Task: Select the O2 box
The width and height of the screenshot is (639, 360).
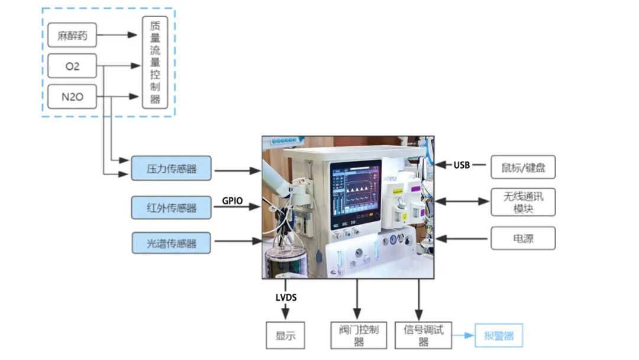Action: (72, 66)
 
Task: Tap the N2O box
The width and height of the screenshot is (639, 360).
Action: (72, 97)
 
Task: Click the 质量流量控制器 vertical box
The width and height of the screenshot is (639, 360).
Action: (155, 62)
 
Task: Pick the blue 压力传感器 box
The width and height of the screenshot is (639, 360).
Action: (171, 169)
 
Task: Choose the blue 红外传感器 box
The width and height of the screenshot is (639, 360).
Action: (171, 207)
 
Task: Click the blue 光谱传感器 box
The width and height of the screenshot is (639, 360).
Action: (171, 243)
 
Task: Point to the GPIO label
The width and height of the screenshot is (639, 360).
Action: (233, 201)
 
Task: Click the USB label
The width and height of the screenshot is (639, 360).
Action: (461, 165)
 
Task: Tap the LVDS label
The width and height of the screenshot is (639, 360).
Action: (286, 297)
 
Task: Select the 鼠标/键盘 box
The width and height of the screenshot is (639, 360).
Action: (523, 168)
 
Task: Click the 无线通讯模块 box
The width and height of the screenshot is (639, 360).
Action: (523, 202)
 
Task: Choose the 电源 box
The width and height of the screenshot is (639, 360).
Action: (523, 239)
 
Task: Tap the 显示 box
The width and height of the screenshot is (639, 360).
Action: (285, 336)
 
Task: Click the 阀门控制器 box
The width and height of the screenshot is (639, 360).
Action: (358, 336)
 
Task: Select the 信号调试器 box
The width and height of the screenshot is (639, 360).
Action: (423, 335)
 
